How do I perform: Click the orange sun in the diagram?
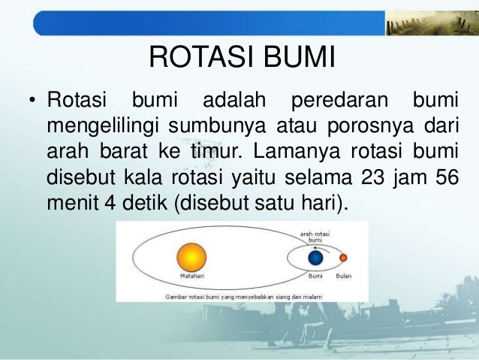click(191, 259)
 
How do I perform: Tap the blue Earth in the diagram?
click(316, 259)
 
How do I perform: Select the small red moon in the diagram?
click(343, 259)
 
